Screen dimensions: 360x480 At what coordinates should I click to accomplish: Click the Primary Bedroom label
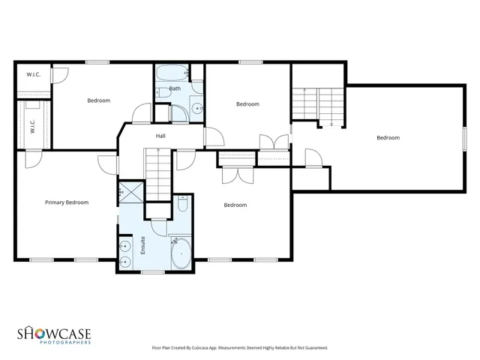point(66,202)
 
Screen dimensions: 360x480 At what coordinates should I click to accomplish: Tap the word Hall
point(160,136)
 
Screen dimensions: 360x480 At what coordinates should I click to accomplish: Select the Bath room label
point(175,88)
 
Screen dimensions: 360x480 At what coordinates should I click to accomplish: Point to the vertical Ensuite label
point(142,246)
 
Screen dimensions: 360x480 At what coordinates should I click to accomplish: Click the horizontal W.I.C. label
point(33,74)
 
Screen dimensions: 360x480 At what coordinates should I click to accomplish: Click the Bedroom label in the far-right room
point(388,137)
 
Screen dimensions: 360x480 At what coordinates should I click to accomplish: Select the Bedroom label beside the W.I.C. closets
point(98,100)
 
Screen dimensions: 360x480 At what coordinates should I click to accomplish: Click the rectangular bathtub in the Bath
point(171,74)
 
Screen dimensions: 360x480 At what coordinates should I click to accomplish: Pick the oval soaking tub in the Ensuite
point(181,253)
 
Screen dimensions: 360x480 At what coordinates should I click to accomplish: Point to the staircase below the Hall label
point(159,172)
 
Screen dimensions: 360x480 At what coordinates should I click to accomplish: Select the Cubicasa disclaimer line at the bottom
point(239,348)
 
